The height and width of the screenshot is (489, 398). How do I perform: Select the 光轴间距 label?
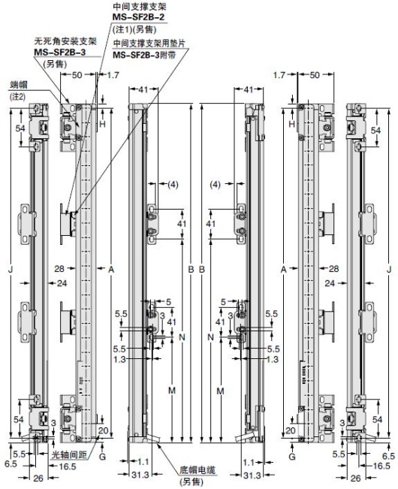pyautogui.click(x=66, y=456)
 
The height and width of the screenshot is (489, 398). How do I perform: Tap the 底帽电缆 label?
pyautogui.click(x=196, y=469)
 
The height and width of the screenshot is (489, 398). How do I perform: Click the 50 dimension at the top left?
pyautogui.click(x=78, y=76)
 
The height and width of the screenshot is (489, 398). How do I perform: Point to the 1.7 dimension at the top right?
pyautogui.click(x=279, y=76)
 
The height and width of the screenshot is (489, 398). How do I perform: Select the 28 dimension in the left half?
pyautogui.click(x=59, y=267)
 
